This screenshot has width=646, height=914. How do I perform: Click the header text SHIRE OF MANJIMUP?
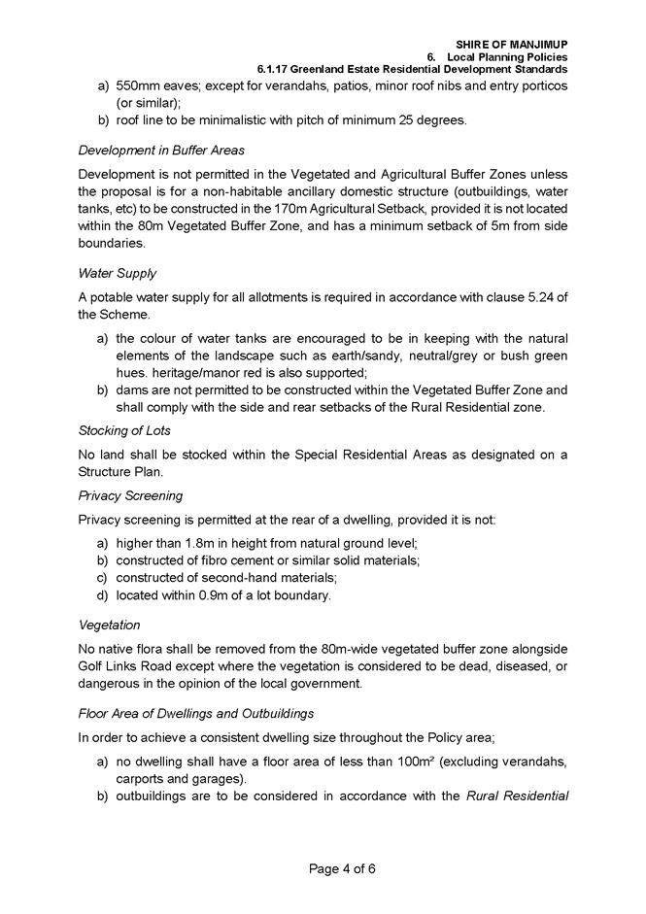coord(511,45)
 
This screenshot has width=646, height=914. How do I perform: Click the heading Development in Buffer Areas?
coord(160,150)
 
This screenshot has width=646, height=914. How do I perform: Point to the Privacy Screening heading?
coord(130,495)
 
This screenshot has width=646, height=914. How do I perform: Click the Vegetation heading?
coord(109,625)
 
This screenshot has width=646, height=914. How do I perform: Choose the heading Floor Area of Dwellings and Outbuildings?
coord(207,714)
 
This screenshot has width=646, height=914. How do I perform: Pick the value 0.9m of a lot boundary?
coord(202,595)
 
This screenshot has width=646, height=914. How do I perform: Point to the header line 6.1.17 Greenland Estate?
coord(412,70)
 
